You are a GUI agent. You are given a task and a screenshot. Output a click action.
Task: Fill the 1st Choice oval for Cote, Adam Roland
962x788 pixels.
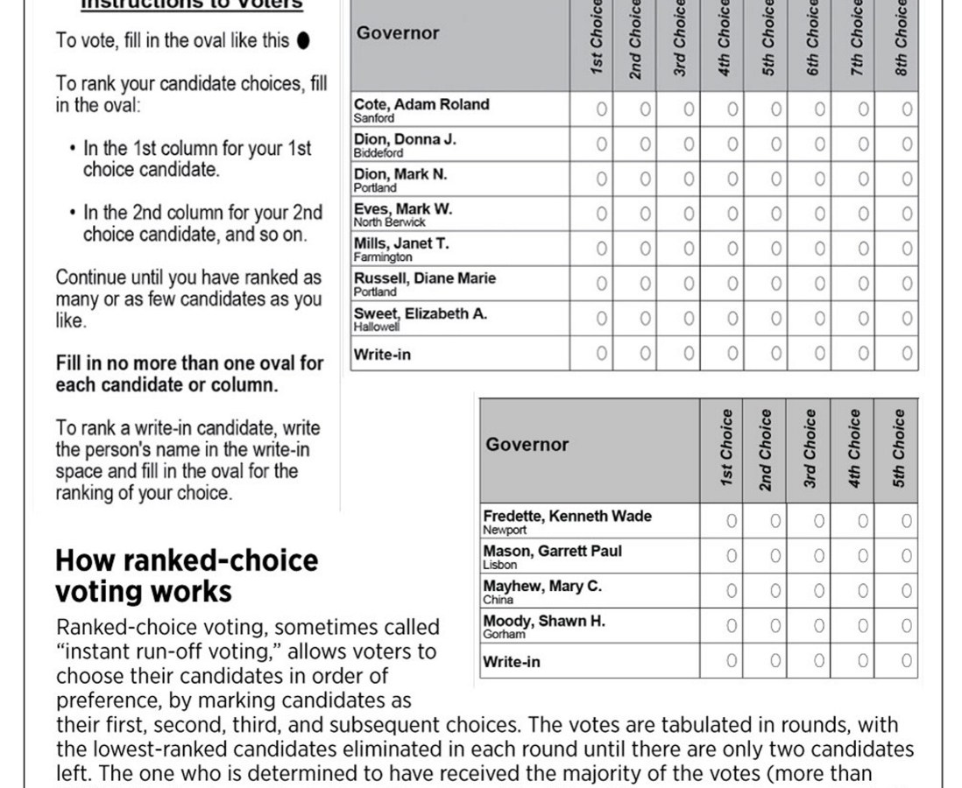[601, 109]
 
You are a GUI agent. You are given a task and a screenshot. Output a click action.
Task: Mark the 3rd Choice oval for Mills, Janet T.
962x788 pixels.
[688, 249]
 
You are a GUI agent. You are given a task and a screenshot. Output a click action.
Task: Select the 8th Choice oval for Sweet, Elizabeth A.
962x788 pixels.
[907, 319]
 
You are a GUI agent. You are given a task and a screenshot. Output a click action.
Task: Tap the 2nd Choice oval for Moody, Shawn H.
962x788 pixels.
[775, 626]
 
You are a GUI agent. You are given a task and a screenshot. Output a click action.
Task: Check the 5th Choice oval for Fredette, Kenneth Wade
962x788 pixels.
[906, 521]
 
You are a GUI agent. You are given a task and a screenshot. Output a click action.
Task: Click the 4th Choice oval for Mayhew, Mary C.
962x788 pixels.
[862, 591]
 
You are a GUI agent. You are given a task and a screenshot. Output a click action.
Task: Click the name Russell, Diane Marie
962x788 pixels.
[424, 278]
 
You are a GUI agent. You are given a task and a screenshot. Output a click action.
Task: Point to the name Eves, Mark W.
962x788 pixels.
[402, 209]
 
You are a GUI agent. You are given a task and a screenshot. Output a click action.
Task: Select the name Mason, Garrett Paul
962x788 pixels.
[552, 552]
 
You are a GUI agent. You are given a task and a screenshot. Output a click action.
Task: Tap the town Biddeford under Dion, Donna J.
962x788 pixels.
[378, 152]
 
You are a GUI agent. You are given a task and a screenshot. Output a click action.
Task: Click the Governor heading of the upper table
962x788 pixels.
[398, 33]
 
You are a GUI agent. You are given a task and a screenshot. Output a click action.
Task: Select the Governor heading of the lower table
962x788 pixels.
[527, 444]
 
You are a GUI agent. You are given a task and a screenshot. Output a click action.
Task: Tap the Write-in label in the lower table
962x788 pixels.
[512, 662]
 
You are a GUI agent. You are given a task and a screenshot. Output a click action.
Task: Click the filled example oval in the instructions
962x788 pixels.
[303, 40]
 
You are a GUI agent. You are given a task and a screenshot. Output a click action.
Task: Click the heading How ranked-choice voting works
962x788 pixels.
[187, 576]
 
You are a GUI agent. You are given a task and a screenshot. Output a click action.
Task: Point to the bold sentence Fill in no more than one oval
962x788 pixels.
[189, 374]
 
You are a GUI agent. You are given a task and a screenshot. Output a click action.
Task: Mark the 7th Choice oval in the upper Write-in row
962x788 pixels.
[863, 354]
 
